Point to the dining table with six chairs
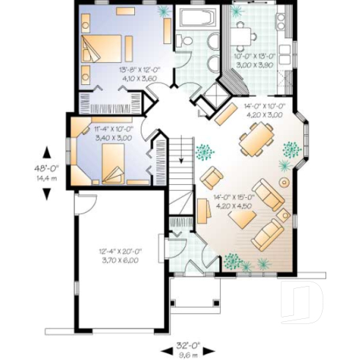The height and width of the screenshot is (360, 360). (x=257, y=139)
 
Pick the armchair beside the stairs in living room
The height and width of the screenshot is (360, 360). (x=212, y=177)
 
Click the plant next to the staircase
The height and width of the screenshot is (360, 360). (x=205, y=151)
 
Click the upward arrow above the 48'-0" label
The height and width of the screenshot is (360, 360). (x=47, y=152)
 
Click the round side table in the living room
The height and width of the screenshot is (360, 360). (x=283, y=180)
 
